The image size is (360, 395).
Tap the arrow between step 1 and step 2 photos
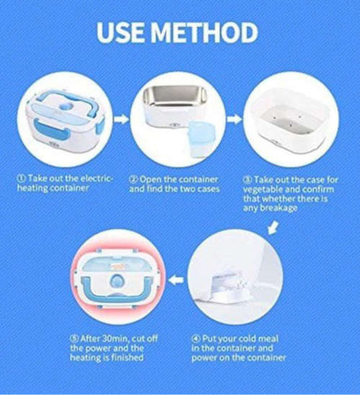[122, 118]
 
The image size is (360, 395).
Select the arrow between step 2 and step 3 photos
[235, 118]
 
